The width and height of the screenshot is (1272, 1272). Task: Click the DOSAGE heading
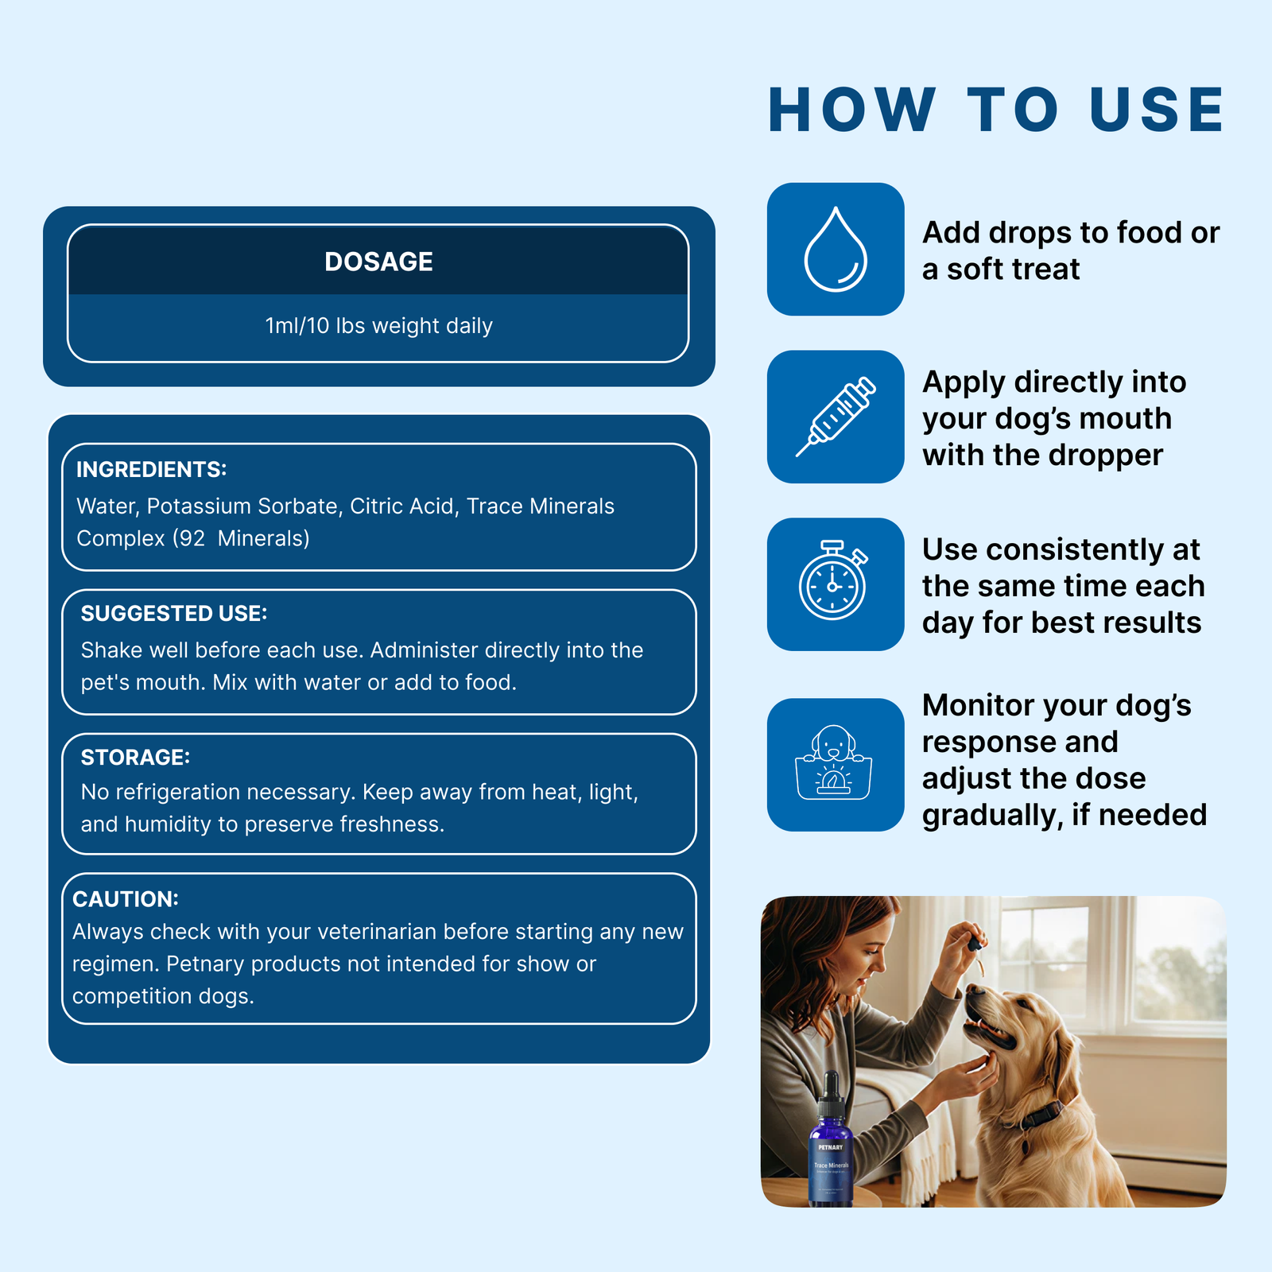[x=378, y=262]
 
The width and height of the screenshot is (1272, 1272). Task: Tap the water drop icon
[x=835, y=250]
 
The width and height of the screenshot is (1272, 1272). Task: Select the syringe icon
[x=836, y=417]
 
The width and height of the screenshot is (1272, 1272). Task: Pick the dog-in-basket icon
[x=833, y=763]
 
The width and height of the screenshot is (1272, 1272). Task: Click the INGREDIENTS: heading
[x=151, y=470]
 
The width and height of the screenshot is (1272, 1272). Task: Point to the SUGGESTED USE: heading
[x=174, y=614]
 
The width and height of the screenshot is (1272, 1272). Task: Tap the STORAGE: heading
[x=135, y=758]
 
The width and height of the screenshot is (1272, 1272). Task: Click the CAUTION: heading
[x=126, y=899]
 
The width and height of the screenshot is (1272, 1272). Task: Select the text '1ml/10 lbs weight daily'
[x=378, y=326]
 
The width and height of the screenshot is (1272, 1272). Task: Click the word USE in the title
[x=1157, y=110]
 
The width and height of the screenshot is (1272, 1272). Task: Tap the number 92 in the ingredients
[x=192, y=539]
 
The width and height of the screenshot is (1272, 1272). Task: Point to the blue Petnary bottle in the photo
[x=831, y=1153]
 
